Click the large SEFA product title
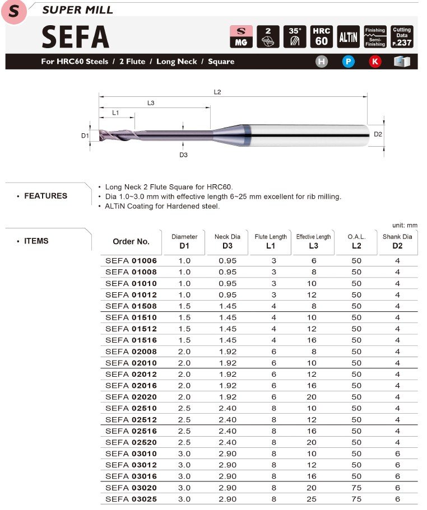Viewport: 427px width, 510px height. pos(75,37)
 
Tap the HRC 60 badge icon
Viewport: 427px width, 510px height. pos(321,36)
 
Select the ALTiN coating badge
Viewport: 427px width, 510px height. pos(349,37)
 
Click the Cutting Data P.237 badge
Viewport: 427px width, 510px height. pos(402,36)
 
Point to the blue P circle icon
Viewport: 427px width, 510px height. pos(349,62)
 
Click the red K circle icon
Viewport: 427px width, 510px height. pos(375,62)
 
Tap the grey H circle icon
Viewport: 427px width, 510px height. pos(321,62)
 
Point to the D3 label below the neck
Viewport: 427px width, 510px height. pos(183,155)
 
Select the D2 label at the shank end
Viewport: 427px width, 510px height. pos(378,134)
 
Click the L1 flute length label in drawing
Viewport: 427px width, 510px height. pos(116,113)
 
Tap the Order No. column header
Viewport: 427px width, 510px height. pos(131,242)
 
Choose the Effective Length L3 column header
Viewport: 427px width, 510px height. pos(314,241)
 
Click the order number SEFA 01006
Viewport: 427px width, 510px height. pos(131,261)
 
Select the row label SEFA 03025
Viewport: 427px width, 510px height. pos(131,499)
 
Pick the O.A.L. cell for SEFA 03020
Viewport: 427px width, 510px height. pos(356,488)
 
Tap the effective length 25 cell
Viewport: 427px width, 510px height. pos(314,499)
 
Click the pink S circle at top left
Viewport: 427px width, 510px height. pos(15,12)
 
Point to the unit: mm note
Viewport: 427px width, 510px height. pos(405,225)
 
